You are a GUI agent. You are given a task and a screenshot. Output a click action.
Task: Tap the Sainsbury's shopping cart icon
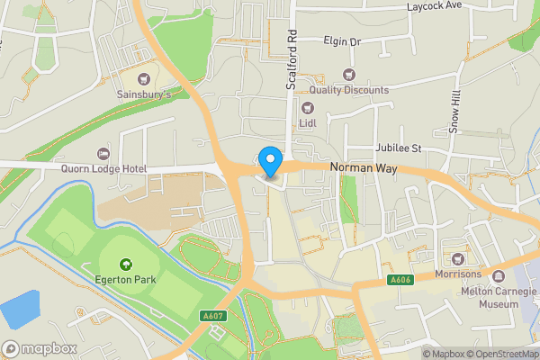tap(143, 77)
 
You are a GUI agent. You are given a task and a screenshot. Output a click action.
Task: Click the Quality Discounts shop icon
tap(349, 75)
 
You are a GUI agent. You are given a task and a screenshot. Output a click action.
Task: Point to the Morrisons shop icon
tap(469, 259)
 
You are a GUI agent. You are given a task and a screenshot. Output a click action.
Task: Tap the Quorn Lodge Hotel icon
tap(102, 151)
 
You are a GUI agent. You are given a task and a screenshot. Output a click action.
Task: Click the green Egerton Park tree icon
tap(125, 264)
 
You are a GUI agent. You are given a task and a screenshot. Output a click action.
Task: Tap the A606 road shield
tap(401, 281)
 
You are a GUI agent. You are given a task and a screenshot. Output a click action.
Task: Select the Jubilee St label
tap(398, 148)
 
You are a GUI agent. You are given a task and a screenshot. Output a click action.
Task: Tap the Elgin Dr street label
tap(342, 41)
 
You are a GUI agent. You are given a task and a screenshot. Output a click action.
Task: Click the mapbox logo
tap(38, 347)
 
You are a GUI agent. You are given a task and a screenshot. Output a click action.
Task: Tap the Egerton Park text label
tap(126, 280)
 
